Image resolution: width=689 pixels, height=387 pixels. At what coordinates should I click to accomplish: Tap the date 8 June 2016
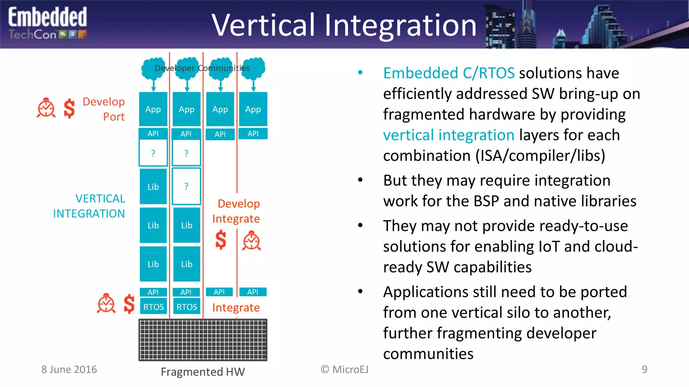pos(69,370)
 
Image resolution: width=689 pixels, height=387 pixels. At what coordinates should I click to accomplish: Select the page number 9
pos(644,370)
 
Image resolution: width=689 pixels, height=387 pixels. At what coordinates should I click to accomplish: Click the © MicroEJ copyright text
pos(344,370)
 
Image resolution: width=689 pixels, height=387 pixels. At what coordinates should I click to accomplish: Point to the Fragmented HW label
pos(203,372)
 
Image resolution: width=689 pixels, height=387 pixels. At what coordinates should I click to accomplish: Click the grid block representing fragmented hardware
pos(203,340)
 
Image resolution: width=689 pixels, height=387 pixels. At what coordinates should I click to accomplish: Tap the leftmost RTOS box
pos(153,307)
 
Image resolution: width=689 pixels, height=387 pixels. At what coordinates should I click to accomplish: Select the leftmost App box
pos(153,109)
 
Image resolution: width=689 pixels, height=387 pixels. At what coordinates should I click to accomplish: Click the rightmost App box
pos(253,109)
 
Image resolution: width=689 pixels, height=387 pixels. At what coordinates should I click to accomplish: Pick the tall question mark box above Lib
pos(186,186)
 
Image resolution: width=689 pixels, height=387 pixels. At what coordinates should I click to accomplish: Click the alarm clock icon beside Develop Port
pos(46,108)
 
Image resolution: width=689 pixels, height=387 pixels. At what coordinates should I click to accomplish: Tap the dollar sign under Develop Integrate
pos(221,240)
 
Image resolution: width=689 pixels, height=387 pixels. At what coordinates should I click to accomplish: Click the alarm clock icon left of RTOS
pos(106,303)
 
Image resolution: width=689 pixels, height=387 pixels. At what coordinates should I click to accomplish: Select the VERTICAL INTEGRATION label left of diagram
pos(89,206)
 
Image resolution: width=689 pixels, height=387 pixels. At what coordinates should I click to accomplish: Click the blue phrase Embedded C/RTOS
pos(449,73)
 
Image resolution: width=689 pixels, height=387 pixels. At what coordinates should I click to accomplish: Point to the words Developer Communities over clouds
pos(202,68)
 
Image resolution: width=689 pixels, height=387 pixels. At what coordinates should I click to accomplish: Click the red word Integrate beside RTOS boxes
pos(236,308)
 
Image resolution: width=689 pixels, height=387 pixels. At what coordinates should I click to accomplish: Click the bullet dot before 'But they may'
pos(360,180)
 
